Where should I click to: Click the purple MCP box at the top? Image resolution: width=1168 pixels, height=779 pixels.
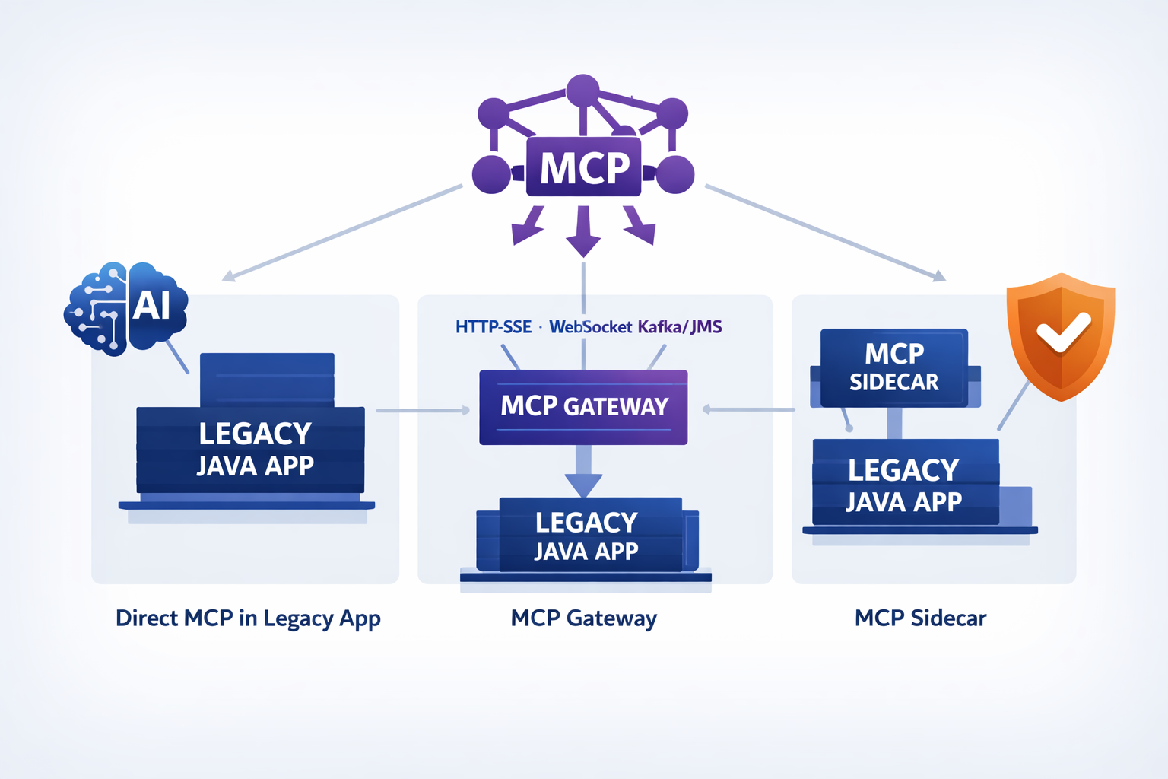pos(583,167)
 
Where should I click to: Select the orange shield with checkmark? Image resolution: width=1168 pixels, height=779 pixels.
pos(1060,335)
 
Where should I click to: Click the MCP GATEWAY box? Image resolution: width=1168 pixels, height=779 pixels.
pos(583,407)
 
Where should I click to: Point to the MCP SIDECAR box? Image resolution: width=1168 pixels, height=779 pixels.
pos(893,367)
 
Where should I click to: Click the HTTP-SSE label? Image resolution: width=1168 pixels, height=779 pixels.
pos(494,327)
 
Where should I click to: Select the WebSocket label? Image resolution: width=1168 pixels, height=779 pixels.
pos(590,327)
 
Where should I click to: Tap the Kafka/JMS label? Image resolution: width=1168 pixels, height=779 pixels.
pos(680,327)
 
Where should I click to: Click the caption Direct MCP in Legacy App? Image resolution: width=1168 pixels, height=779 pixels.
pos(248,618)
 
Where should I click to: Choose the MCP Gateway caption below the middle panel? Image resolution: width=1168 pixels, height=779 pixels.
pos(583,618)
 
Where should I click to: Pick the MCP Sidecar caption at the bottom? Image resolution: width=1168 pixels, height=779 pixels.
pos(920,618)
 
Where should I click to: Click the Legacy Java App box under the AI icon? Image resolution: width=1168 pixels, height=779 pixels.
pos(251,450)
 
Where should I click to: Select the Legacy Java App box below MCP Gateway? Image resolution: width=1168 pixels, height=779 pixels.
pos(586,536)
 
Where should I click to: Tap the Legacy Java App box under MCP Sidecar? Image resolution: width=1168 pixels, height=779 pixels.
pos(905,485)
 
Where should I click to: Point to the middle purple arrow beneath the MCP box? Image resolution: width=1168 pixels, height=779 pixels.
pos(583,232)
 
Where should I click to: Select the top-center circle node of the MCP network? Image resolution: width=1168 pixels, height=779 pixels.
pos(582,91)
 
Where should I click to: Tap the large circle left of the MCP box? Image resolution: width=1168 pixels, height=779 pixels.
pos(491,174)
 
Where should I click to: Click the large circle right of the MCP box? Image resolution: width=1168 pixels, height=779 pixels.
pos(674,174)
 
